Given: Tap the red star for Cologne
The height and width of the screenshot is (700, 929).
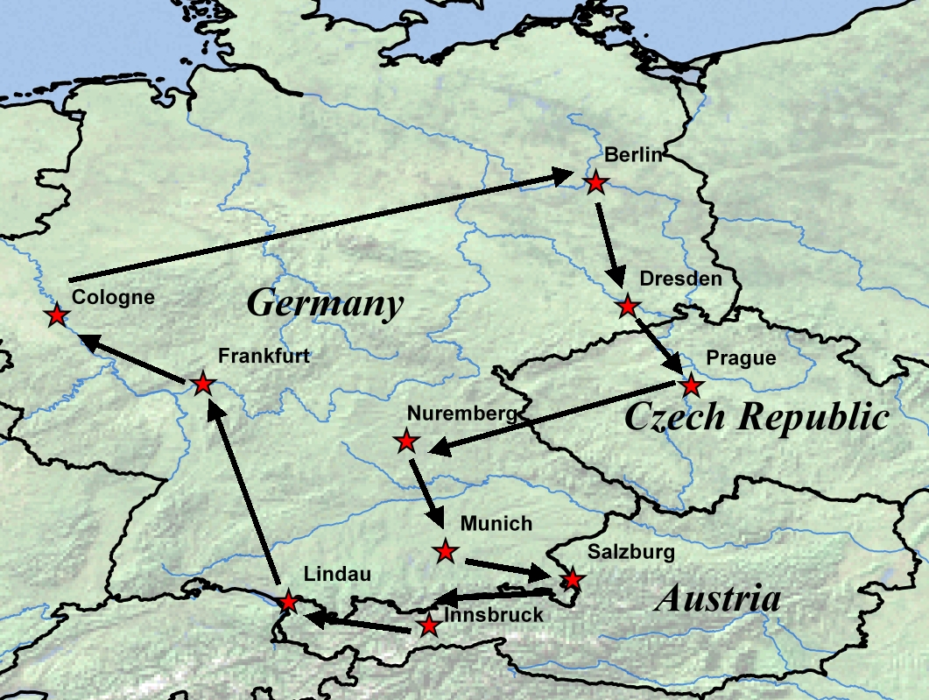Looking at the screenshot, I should click(x=57, y=315).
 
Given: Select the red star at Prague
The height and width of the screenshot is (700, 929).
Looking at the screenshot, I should click(x=691, y=384).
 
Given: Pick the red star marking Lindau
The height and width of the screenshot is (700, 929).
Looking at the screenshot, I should click(x=288, y=602).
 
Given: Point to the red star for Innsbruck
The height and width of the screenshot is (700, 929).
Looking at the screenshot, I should click(x=428, y=625).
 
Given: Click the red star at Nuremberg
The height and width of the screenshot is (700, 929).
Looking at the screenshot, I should click(x=406, y=441).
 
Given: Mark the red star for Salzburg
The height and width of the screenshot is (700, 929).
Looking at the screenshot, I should click(x=572, y=579).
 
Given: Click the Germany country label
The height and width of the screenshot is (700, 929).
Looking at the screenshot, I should click(x=325, y=304).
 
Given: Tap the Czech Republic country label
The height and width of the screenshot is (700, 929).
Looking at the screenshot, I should click(x=757, y=417).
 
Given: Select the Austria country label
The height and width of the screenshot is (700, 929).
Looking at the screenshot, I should click(x=717, y=599).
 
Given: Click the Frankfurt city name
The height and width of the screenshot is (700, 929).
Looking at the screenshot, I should click(x=264, y=357).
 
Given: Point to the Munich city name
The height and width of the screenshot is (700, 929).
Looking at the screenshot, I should click(x=496, y=524).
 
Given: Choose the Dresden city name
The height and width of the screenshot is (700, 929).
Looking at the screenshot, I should click(x=681, y=279).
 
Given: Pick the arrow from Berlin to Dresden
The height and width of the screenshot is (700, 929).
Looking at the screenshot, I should click(x=609, y=246).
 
